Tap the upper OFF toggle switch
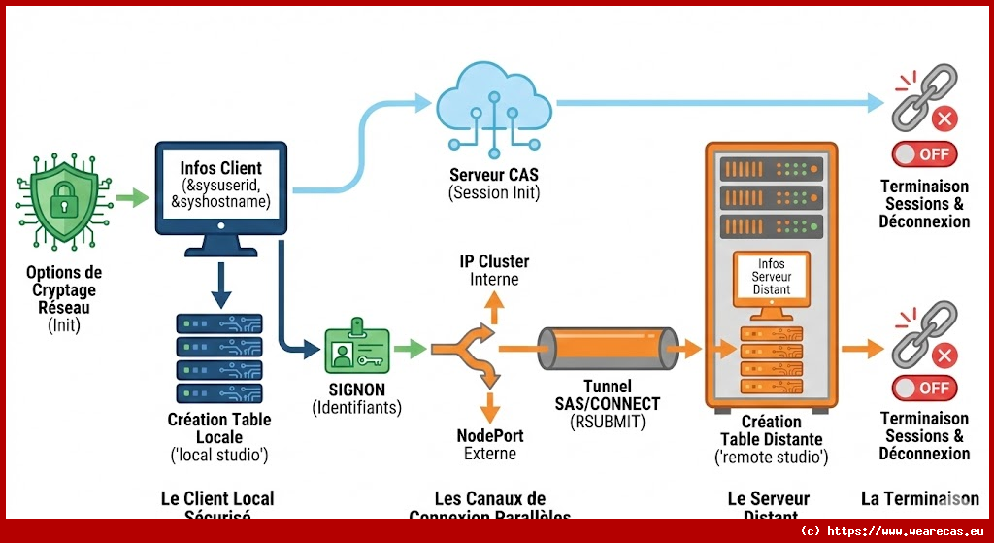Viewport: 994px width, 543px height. pos(924,154)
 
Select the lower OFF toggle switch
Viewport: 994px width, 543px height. pos(924,388)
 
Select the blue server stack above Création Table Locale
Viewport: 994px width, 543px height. pos(219,356)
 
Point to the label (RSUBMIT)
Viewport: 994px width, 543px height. pos(607,421)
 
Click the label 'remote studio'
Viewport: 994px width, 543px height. pos(771,457)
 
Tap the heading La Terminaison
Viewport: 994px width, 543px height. pos(919,498)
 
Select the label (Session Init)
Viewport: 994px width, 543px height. pos(492,192)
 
